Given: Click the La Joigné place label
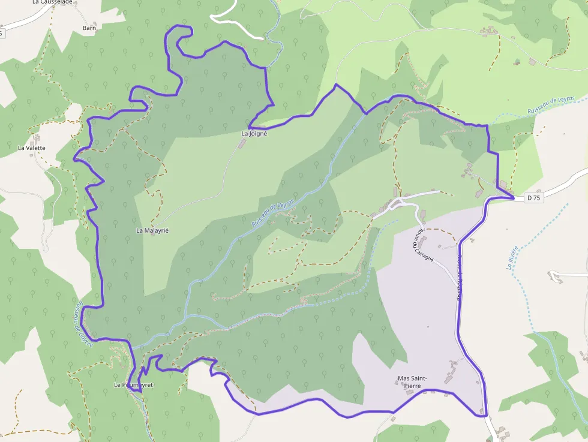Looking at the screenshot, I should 254,133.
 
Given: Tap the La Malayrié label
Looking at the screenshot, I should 149,230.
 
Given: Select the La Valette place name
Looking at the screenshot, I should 31,148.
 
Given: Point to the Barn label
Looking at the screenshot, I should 89,28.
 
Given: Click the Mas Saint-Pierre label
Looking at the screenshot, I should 413,382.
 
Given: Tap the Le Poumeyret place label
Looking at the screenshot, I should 133,384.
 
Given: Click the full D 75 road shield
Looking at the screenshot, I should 533,197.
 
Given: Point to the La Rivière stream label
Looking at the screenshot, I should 512,258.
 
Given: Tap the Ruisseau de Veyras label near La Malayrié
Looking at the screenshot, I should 274,213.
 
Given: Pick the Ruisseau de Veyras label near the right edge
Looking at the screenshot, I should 551,104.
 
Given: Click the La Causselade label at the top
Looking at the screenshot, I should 52,2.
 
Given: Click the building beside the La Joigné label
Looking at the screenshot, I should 242,144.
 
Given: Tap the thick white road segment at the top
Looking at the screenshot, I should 237,24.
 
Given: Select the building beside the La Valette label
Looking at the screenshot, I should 37,139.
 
